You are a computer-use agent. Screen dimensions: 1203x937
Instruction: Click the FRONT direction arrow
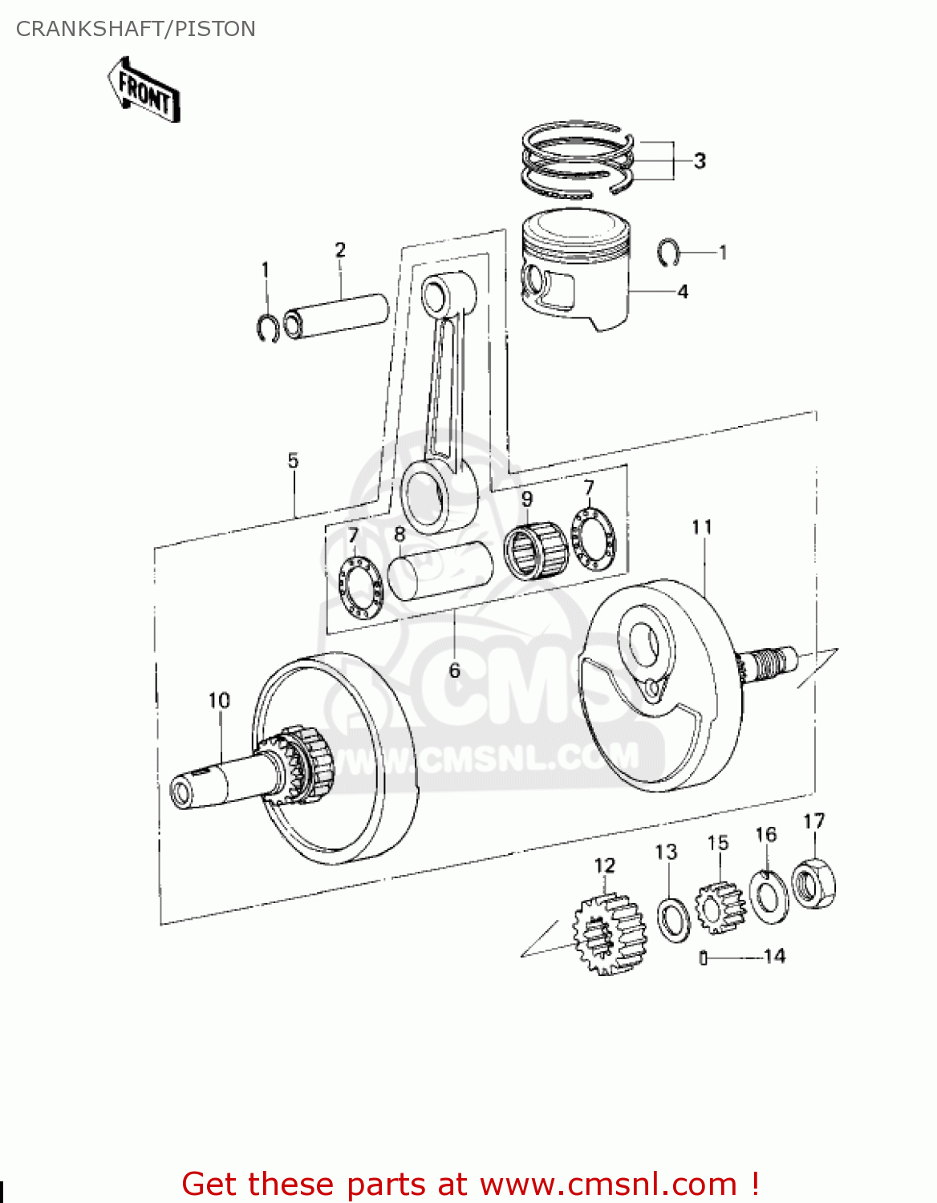click(x=144, y=90)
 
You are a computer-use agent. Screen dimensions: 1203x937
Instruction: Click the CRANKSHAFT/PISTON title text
click(x=136, y=29)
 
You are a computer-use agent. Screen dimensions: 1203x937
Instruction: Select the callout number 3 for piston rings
click(x=700, y=160)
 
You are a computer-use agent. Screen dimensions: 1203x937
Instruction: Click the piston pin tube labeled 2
click(x=337, y=316)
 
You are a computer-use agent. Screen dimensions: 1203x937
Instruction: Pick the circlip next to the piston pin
click(x=268, y=327)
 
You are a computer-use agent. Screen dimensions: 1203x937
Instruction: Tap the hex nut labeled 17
click(x=813, y=884)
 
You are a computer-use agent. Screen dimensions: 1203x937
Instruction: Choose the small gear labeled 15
click(x=720, y=907)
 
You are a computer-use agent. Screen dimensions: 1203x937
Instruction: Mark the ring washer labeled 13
click(x=673, y=918)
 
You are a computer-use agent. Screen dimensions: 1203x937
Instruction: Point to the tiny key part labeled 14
click(x=704, y=957)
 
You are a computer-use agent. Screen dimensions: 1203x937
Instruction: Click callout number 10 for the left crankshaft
click(x=219, y=700)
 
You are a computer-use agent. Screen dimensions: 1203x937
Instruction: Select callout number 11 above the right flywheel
click(x=702, y=527)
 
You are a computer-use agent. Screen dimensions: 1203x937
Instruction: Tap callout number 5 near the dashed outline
click(x=293, y=460)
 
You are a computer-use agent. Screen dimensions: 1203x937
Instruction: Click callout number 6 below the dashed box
click(x=454, y=670)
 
